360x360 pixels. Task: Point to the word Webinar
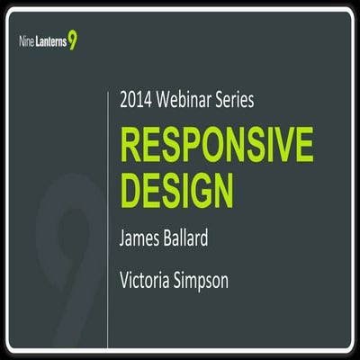point(191,101)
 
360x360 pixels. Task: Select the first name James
point(143,240)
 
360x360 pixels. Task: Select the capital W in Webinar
point(169,101)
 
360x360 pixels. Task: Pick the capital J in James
point(123,240)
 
